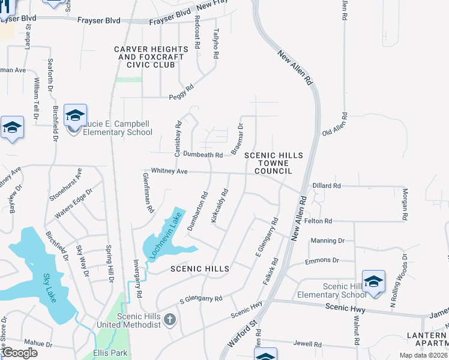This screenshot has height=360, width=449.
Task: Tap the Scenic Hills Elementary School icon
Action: coord(373,281)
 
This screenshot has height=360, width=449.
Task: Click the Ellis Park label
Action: coord(111,353)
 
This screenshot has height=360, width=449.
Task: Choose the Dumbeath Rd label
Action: coord(203,154)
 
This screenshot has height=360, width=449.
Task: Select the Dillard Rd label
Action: coord(326,186)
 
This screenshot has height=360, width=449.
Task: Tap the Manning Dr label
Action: coord(327,241)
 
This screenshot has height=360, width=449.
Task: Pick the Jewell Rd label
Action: coord(307,344)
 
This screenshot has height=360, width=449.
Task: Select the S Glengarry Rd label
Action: coord(201,299)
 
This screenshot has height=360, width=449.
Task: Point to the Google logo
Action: coord(20,353)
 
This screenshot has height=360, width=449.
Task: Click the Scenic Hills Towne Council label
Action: coord(273,163)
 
